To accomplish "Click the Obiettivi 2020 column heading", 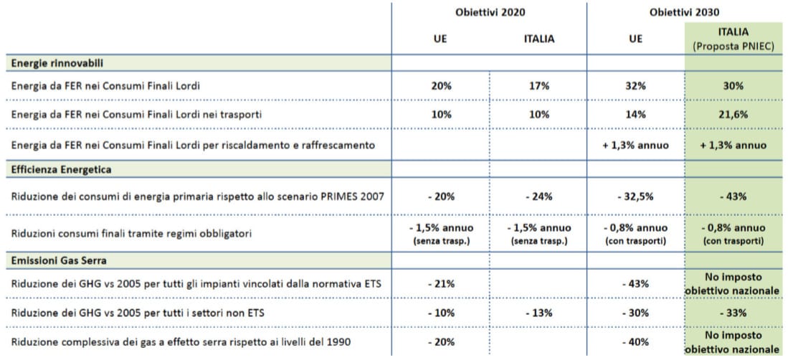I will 490,12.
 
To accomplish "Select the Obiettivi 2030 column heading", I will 684,12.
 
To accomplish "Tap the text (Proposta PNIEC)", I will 733,46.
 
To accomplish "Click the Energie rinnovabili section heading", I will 52,63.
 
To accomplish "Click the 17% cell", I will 538,86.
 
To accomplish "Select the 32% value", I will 635,86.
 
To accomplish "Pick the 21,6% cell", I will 733,115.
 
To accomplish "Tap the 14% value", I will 635,115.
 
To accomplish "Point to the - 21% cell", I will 441,283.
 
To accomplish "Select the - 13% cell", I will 538,313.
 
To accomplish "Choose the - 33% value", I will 733,313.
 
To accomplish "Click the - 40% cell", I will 635,342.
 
